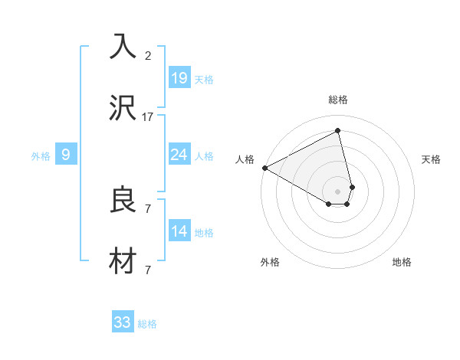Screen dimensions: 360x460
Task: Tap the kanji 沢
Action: point(123,110)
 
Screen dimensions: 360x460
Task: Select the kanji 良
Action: point(123,200)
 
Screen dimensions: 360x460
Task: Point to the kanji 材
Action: point(123,263)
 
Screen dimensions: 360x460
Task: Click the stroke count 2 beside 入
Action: point(148,56)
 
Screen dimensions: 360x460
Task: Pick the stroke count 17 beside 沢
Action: point(148,117)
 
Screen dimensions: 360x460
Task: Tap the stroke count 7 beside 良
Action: point(148,208)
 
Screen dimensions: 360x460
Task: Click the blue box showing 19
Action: point(179,77)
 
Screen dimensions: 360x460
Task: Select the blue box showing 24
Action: point(179,155)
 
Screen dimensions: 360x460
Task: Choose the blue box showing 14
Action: point(179,231)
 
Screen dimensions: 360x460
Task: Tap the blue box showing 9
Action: point(66,155)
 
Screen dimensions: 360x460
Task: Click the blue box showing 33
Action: point(123,322)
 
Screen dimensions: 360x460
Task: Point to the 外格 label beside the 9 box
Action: point(41,156)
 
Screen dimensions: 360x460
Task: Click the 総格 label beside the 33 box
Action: point(147,324)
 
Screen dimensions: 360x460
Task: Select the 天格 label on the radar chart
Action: point(432,159)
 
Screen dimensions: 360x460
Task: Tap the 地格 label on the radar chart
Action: point(402,262)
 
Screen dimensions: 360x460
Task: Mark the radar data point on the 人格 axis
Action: point(264,168)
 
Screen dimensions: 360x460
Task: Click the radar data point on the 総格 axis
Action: point(337,131)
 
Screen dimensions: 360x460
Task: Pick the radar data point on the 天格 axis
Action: point(352,186)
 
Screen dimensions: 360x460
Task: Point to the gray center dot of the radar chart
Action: point(337,191)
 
